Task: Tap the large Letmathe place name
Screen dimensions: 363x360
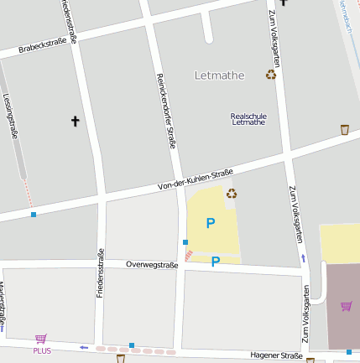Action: (219, 75)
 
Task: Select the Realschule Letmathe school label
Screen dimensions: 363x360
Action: (248, 118)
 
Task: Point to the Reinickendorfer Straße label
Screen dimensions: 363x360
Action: (166, 111)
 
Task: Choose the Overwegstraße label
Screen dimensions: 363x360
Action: (152, 265)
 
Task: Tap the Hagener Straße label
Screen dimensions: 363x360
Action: (276, 356)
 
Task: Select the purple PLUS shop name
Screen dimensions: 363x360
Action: (42, 350)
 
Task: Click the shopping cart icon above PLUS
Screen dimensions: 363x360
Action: (41, 339)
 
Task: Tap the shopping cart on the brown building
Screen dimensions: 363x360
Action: (346, 305)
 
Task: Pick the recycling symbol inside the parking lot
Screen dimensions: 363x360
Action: (232, 194)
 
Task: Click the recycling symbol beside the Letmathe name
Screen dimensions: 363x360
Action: (271, 75)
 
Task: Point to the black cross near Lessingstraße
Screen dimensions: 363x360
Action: (75, 122)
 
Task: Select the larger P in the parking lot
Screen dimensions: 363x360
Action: (211, 223)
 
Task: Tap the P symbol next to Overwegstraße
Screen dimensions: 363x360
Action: (216, 262)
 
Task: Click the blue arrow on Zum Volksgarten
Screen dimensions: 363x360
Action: (303, 258)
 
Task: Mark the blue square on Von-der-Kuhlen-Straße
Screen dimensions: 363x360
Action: (34, 215)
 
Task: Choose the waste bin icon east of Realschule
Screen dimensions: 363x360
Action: (344, 129)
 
